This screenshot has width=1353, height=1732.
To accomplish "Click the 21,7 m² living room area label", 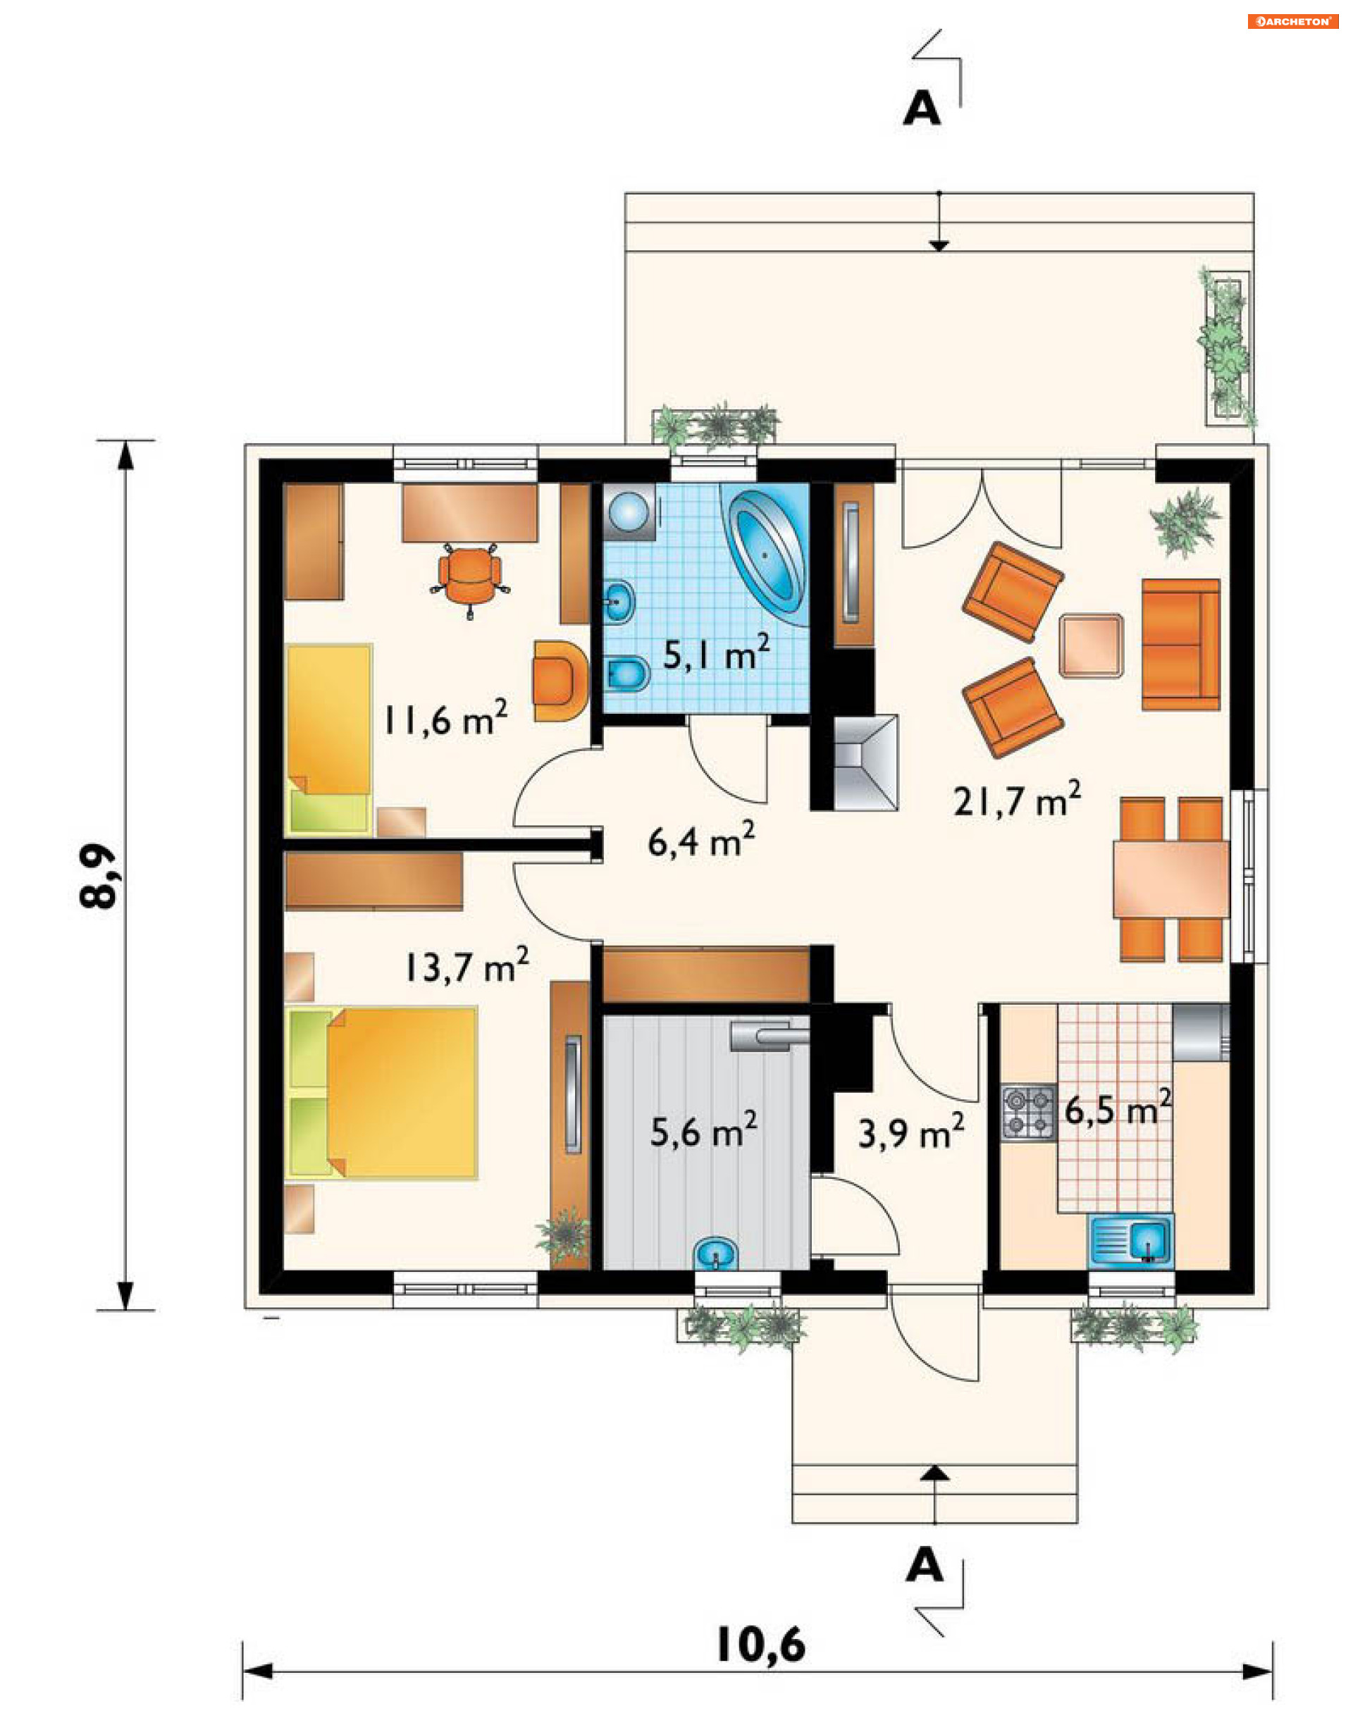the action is point(1017,799).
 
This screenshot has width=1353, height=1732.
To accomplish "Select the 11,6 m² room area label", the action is point(445,719).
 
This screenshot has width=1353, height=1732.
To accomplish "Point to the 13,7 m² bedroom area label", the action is point(467,965).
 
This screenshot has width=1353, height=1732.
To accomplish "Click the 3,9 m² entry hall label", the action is point(911,1132).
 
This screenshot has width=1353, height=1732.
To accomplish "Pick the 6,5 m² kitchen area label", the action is point(1118,1108).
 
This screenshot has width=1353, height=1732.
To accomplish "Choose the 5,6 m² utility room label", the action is point(703,1130).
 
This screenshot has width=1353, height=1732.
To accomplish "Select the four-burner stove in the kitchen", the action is point(1029,1113).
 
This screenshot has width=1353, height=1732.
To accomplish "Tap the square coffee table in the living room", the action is point(1092,645).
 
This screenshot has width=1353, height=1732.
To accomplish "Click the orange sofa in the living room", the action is point(1181,644).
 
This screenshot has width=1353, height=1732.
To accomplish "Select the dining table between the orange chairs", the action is point(1171,879).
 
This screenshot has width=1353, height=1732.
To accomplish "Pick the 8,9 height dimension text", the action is point(99,874).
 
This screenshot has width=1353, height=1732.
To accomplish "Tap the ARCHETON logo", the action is point(1292,21).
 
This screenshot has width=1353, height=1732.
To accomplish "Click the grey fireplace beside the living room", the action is point(866,763).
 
